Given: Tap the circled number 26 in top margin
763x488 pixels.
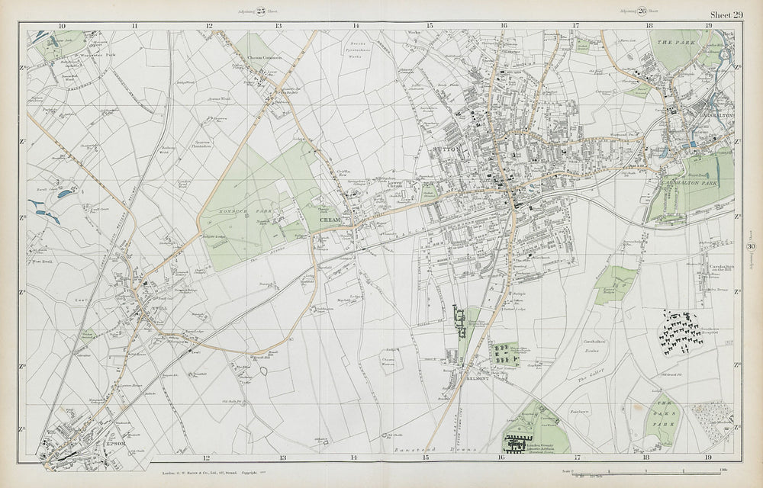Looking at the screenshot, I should point(642,11).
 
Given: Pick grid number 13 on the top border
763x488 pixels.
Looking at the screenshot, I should point(279,25).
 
